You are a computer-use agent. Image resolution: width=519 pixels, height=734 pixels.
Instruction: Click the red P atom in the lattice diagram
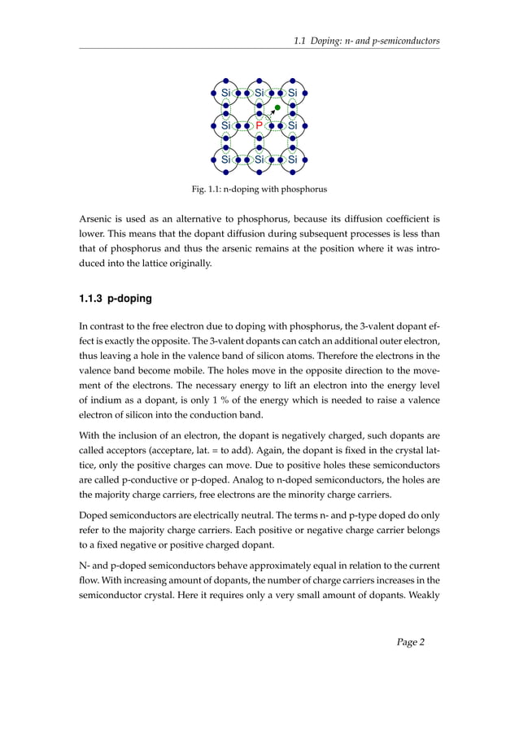click(x=259, y=126)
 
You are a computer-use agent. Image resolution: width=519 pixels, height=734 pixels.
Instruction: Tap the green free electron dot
click(x=277, y=107)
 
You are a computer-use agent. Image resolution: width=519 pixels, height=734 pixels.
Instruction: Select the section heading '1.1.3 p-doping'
click(x=115, y=299)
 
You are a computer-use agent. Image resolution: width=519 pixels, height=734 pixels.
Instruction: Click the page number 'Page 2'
click(x=411, y=642)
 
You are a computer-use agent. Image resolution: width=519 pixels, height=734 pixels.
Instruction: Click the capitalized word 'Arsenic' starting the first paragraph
click(x=96, y=219)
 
